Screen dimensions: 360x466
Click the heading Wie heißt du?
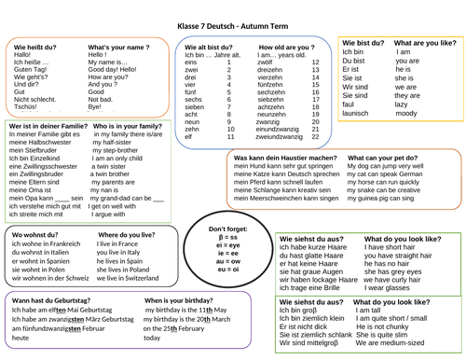(x=33, y=45)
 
